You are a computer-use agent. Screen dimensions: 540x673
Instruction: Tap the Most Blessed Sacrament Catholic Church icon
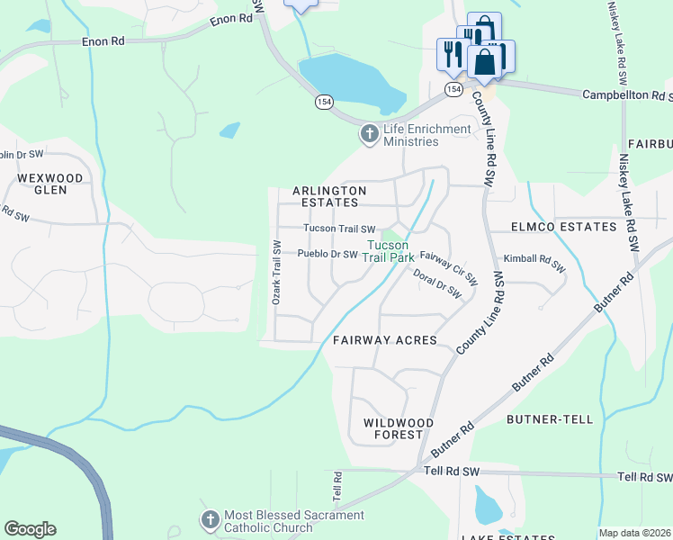pyautogui.click(x=210, y=520)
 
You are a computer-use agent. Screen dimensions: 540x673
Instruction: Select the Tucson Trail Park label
pyautogui.click(x=389, y=251)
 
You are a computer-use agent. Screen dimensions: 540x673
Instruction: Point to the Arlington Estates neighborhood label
pyautogui.click(x=329, y=197)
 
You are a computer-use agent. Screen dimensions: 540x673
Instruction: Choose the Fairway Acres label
pyautogui.click(x=384, y=340)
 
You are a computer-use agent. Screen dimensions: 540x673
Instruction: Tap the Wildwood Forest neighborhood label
pyautogui.click(x=399, y=428)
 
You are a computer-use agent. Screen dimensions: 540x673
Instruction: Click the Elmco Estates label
pyautogui.click(x=562, y=227)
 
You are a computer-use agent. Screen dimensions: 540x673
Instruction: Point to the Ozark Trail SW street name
pyautogui.click(x=277, y=272)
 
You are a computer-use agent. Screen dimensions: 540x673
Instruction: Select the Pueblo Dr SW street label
pyautogui.click(x=328, y=255)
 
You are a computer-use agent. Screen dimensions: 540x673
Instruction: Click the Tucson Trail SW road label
pyautogui.click(x=338, y=229)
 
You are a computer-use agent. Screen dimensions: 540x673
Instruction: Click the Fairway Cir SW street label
pyautogui.click(x=447, y=264)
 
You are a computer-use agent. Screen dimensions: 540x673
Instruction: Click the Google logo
pyautogui.click(x=30, y=529)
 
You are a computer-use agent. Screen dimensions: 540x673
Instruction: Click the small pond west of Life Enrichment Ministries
pyautogui.click(x=229, y=130)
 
